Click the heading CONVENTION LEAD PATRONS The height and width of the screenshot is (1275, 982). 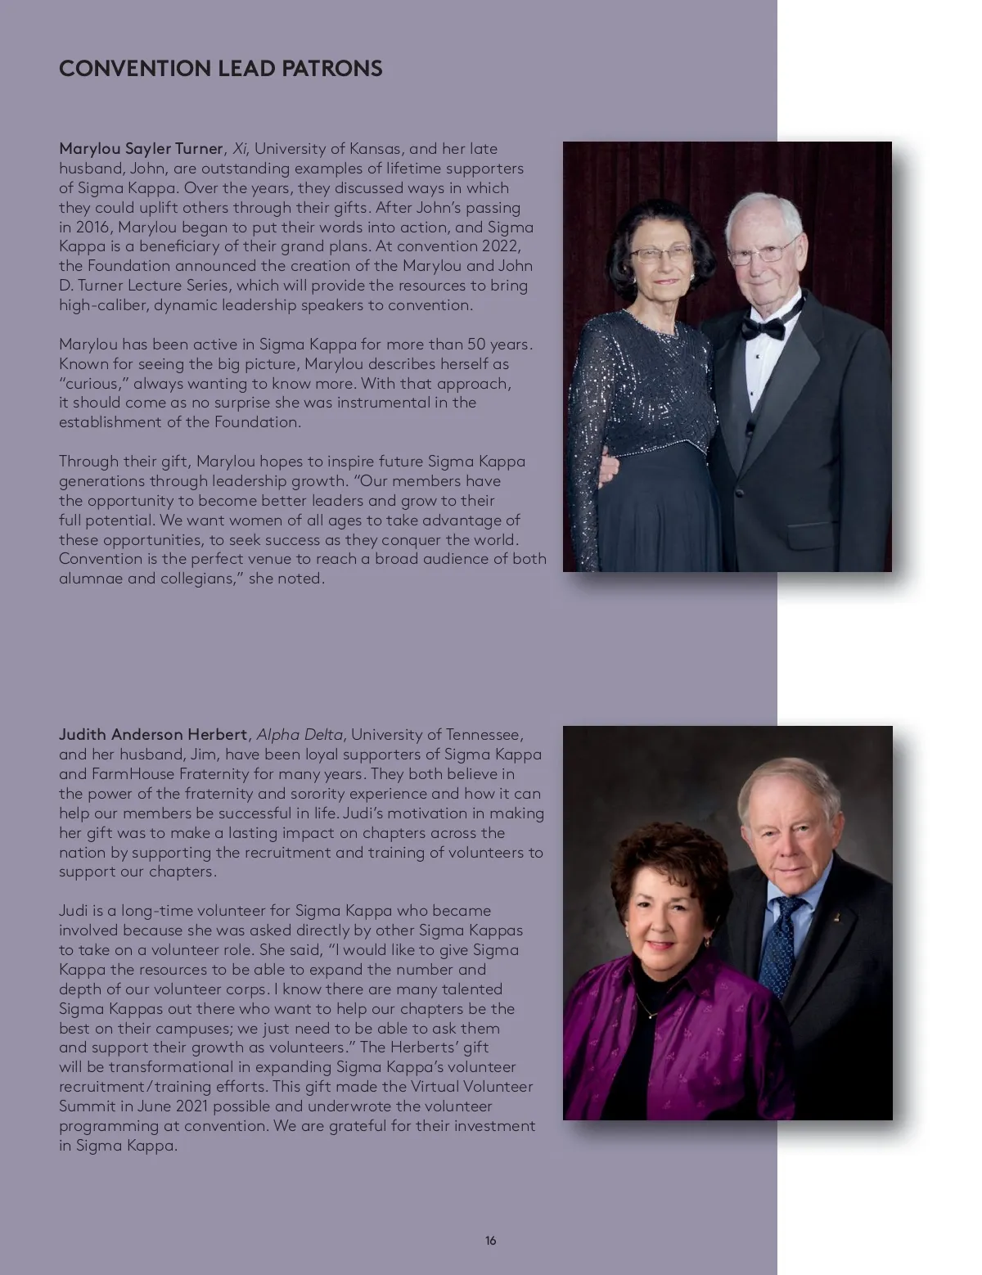pyautogui.click(x=220, y=68)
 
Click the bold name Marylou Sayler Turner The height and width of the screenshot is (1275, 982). pyautogui.click(x=141, y=149)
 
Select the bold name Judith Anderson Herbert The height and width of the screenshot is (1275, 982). pyautogui.click(x=152, y=734)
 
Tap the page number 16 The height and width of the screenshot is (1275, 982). pyautogui.click(x=490, y=1241)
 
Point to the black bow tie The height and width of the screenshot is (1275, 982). pyautogui.click(x=762, y=328)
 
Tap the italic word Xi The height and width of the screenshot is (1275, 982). pyautogui.click(x=240, y=149)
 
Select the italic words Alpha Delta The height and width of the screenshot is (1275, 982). pyautogui.click(x=300, y=734)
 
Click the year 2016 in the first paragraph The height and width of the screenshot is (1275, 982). pyautogui.click(x=93, y=228)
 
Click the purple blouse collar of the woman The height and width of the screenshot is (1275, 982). pyautogui.click(x=622, y=982)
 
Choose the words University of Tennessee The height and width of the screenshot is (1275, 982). pyautogui.click(x=436, y=734)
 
